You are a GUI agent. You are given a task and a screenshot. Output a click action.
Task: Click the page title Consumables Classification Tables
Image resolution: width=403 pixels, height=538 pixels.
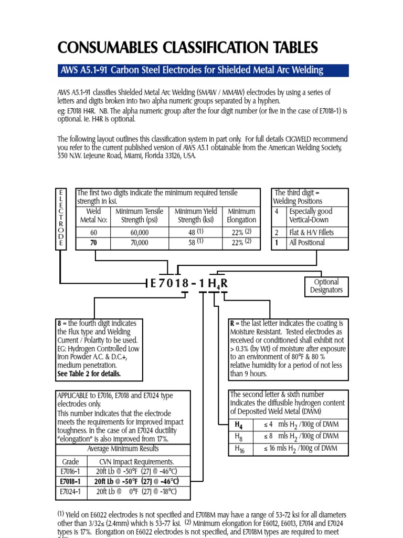pyautogui.click(x=187, y=48)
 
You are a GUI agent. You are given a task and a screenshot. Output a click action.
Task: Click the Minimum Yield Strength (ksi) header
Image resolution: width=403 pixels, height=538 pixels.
pyautogui.click(x=195, y=215)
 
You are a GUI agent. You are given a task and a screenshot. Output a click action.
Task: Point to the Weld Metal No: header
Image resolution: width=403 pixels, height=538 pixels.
pyautogui.click(x=93, y=215)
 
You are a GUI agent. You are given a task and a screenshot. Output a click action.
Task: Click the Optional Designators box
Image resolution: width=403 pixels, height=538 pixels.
pyautogui.click(x=326, y=286)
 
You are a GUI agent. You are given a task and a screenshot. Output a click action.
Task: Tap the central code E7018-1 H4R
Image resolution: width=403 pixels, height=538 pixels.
pyautogui.click(x=189, y=284)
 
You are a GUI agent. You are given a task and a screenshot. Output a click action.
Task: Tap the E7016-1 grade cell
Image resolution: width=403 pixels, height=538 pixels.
pyautogui.click(x=71, y=471)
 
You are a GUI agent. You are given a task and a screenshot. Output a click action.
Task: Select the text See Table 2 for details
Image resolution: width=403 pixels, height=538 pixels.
pyautogui.click(x=89, y=374)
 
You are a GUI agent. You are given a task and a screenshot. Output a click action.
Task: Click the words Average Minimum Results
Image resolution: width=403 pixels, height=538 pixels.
pyautogui.click(x=123, y=449)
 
